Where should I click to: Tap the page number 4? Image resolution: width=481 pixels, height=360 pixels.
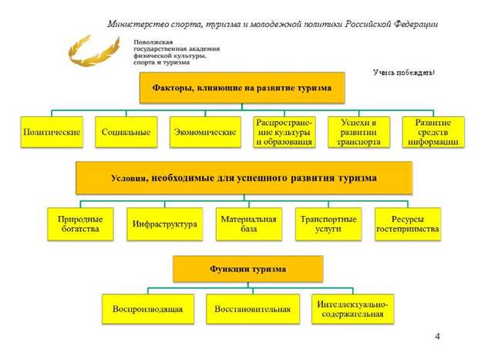point(438,337)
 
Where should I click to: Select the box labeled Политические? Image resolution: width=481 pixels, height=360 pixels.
point(52,132)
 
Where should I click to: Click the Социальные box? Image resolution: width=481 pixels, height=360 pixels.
point(126,132)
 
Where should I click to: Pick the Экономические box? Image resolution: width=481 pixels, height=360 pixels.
point(203,132)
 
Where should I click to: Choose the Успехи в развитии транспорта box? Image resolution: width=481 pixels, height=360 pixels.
point(358,132)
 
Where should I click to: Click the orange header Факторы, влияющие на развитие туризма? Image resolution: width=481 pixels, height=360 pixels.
point(240,88)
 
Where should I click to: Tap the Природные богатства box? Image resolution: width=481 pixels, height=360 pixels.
point(80,224)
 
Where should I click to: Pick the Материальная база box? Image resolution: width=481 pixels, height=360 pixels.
point(244,224)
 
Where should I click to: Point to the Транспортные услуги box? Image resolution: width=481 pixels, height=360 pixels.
point(328,224)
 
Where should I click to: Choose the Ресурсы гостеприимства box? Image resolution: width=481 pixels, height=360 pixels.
point(407,224)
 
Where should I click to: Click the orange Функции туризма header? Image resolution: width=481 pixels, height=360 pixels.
point(247,269)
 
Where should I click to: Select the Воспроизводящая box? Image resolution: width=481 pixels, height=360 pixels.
point(147,309)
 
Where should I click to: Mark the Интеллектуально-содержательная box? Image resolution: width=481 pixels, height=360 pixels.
point(351,309)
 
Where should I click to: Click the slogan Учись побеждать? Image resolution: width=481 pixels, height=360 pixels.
point(404,72)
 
